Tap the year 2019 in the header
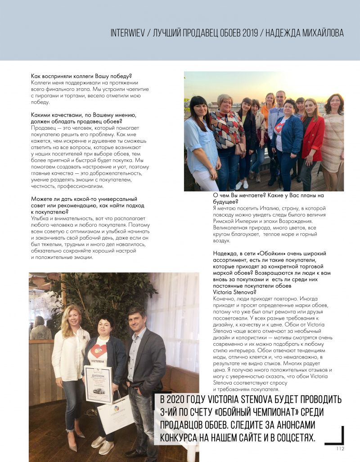[x=247, y=33]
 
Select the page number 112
[x=340, y=448]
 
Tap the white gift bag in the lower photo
[x=115, y=412]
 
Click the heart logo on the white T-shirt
[x=99, y=350]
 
